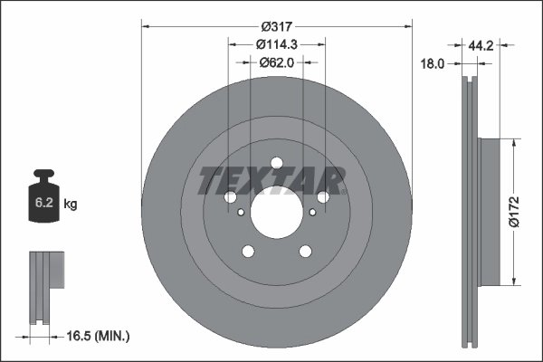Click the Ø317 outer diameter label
(x=277, y=26)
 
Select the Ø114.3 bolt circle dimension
(x=277, y=44)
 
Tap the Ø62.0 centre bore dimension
(x=277, y=62)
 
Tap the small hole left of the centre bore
(x=239, y=214)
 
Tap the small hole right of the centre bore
(x=312, y=213)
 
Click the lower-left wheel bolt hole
(x=246, y=252)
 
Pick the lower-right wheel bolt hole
(x=305, y=252)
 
